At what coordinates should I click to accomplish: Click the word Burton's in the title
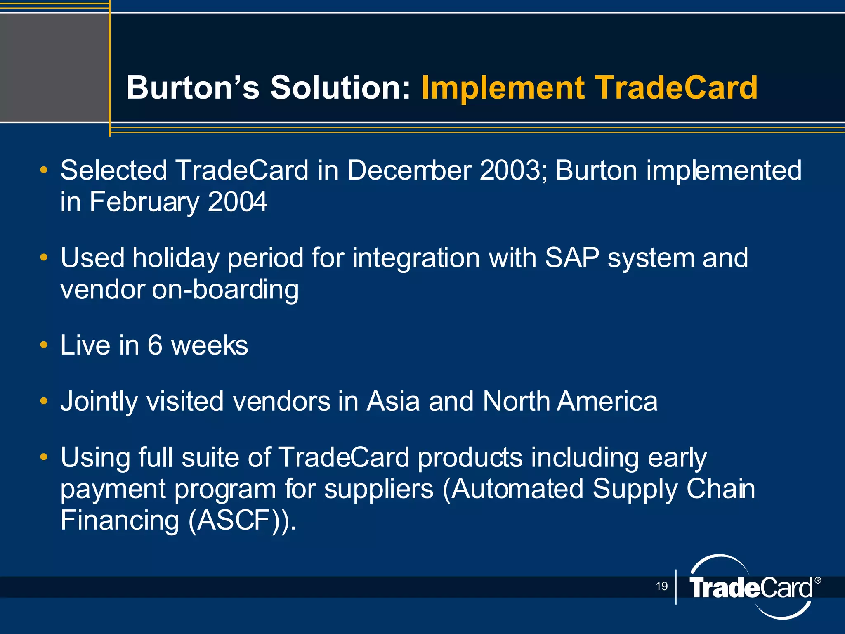[193, 88]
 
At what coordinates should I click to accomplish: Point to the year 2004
[238, 202]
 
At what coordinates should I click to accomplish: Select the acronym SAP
[572, 258]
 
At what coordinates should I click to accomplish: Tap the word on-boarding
[225, 290]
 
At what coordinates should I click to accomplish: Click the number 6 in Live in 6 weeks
[155, 345]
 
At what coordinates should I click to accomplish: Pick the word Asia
[393, 401]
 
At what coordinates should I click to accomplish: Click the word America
[607, 401]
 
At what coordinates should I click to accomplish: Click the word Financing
[120, 521]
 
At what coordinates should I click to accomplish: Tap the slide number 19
[661, 586]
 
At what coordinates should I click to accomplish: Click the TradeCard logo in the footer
[751, 587]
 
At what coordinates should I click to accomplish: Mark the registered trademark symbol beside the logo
[818, 581]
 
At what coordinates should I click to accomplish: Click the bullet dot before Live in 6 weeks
[44, 345]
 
